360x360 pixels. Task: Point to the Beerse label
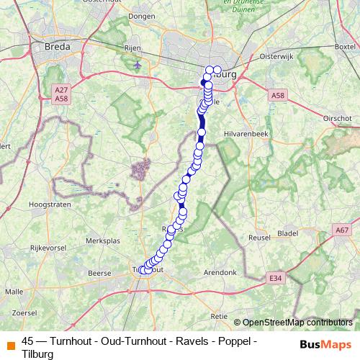[98, 273]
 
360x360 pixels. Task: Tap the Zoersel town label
[24, 312]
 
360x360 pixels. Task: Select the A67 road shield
[342, 230]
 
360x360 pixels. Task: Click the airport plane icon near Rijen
[138, 67]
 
